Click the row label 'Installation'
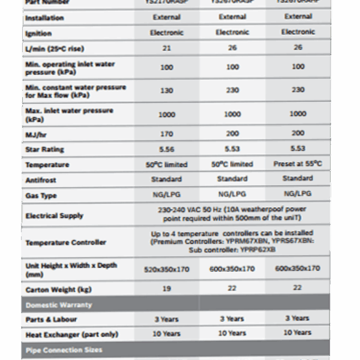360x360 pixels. (44, 19)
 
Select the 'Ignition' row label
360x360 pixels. (38, 34)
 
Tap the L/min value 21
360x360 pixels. (167, 48)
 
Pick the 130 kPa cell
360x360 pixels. (167, 90)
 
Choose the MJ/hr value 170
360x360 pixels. (167, 134)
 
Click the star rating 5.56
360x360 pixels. (167, 149)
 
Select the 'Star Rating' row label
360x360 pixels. (44, 149)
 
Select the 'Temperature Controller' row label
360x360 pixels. (65, 242)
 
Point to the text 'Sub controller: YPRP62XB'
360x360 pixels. (232, 249)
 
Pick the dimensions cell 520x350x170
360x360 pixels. (167, 269)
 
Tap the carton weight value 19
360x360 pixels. (167, 289)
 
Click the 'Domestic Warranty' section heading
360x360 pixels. (58, 305)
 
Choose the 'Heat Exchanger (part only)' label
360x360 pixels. (71, 334)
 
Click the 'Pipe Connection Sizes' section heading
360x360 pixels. (64, 350)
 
